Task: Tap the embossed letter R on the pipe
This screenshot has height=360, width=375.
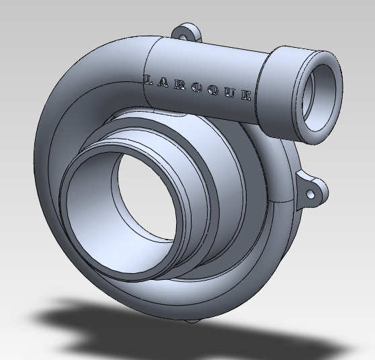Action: pyautogui.click(x=181, y=85)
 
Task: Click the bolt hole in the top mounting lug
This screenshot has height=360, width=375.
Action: pyautogui.click(x=186, y=31)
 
